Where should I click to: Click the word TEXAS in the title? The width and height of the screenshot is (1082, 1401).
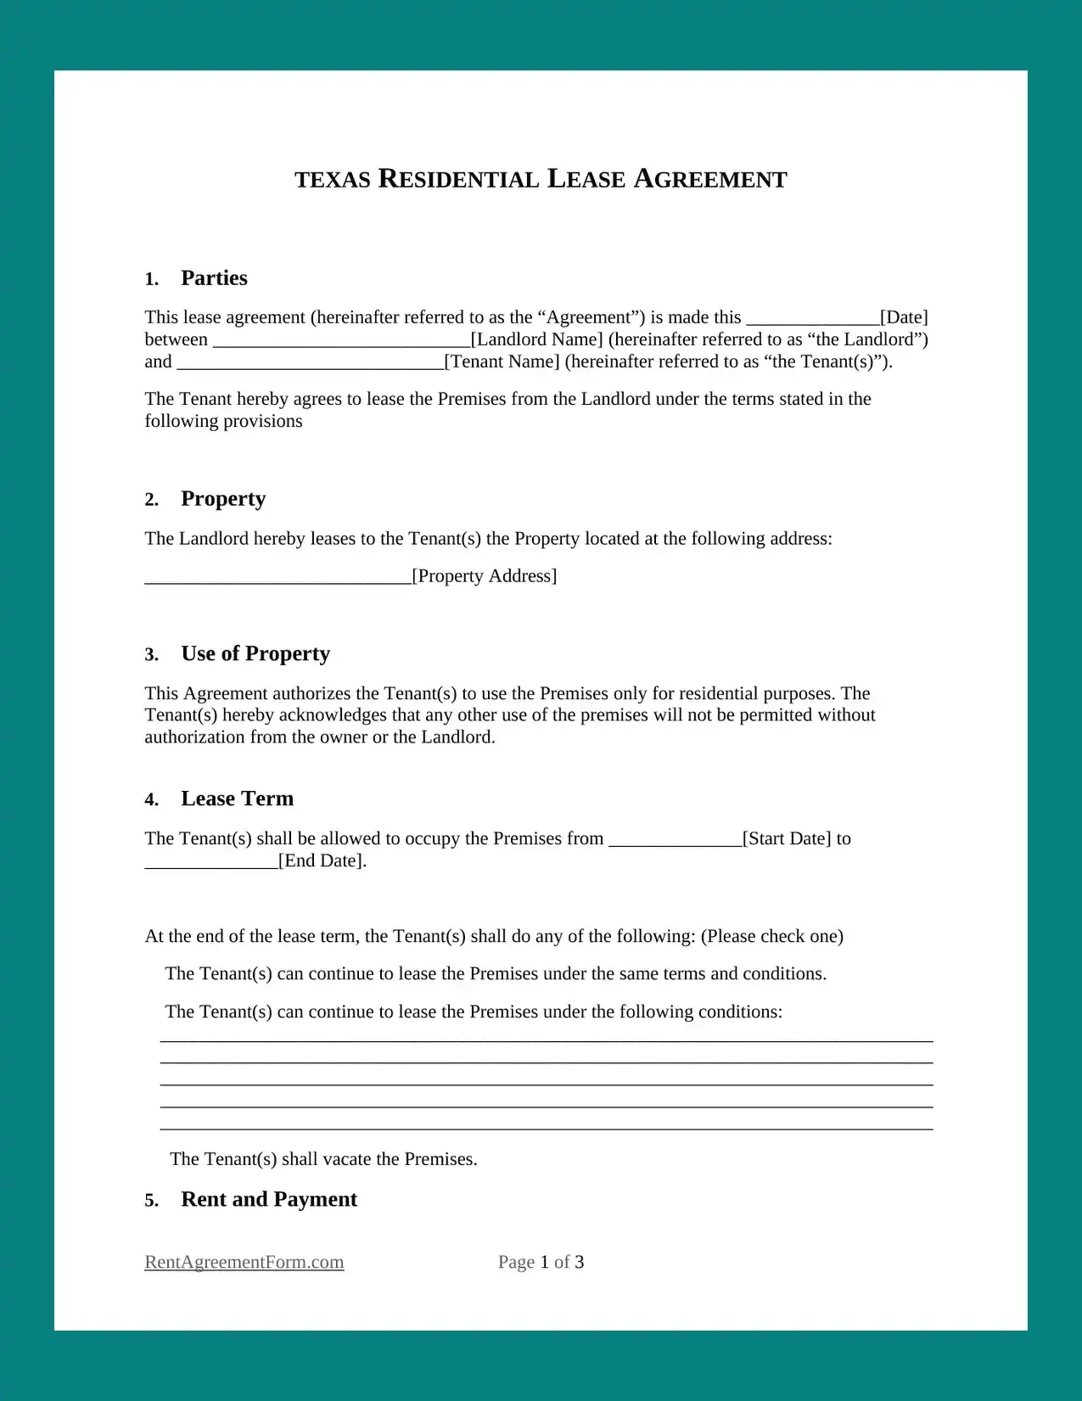333,180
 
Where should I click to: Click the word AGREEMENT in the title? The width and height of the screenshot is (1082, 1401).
710,179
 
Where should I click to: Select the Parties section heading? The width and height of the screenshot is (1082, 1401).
214,278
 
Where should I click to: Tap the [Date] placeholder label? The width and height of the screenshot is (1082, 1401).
904,317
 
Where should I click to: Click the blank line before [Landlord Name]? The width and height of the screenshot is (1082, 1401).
341,341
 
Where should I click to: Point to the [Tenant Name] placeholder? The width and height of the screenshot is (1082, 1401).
502,361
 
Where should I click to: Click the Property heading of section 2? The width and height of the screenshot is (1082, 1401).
223,499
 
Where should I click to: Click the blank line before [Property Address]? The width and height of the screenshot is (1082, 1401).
278,578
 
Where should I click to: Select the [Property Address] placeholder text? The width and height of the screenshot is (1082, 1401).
485,576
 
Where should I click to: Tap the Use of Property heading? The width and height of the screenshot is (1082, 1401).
255,654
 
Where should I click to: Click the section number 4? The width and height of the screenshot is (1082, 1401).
151,800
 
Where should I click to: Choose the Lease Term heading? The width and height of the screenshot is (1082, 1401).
237,799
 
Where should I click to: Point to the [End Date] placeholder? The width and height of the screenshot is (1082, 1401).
322,860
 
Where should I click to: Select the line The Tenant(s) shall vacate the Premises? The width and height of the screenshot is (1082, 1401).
323,1159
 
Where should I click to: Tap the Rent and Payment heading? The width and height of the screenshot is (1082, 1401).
269,1200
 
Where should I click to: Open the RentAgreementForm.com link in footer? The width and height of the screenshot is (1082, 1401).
244,1262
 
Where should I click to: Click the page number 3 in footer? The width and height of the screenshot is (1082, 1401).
580,1262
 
